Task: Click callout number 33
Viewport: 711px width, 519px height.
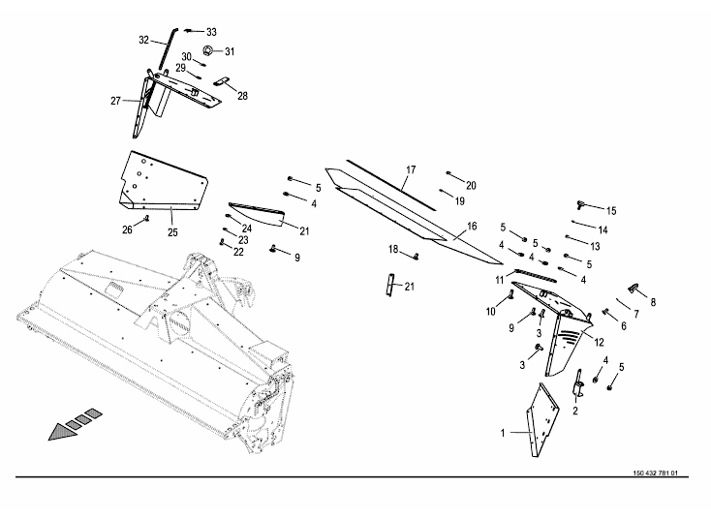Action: (x=211, y=32)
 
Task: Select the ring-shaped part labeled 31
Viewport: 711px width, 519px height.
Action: (x=207, y=49)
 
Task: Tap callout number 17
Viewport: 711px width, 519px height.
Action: (x=410, y=170)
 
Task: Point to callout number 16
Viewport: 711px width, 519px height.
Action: (x=472, y=226)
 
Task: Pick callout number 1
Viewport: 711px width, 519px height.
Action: (x=503, y=433)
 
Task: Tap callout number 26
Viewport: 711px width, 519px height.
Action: (x=127, y=229)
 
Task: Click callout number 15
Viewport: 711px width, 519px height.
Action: (x=610, y=210)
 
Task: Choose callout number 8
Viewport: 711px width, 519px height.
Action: (x=652, y=302)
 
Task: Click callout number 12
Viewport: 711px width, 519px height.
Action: (x=599, y=342)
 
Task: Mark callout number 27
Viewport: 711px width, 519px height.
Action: (x=115, y=101)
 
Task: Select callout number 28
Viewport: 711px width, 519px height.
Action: (x=242, y=96)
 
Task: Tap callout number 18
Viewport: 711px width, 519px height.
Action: (x=394, y=249)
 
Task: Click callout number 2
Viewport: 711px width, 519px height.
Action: (x=575, y=411)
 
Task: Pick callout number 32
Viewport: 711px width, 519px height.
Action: (x=144, y=41)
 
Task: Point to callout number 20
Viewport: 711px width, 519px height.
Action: (x=471, y=184)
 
